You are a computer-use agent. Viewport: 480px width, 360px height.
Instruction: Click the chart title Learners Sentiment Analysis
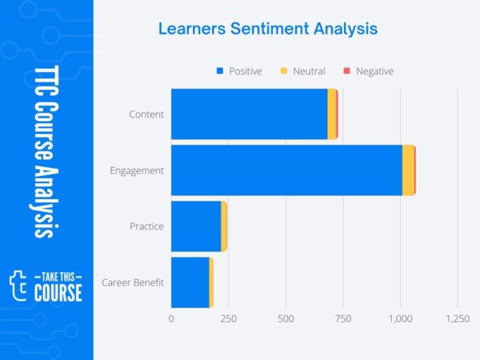click(x=268, y=29)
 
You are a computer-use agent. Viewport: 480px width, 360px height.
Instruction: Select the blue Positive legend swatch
click(x=220, y=71)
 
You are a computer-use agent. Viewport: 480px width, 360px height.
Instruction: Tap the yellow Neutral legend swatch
click(x=284, y=71)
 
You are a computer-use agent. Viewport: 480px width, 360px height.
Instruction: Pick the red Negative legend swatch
click(x=346, y=71)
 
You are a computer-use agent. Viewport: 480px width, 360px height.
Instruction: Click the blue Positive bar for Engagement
click(x=286, y=170)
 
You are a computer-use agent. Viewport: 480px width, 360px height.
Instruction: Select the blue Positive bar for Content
click(x=249, y=114)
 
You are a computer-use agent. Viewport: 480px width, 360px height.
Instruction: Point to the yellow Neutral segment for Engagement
click(x=408, y=170)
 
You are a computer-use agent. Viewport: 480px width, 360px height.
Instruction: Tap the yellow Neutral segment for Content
click(x=331, y=114)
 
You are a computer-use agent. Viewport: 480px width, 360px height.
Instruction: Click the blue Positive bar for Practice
click(x=196, y=226)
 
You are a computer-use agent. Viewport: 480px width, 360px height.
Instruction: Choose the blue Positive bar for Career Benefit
click(x=190, y=283)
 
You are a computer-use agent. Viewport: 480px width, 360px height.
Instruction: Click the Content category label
click(x=147, y=114)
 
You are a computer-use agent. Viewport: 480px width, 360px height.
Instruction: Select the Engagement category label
click(x=137, y=170)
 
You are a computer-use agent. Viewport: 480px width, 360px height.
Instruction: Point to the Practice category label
click(x=147, y=226)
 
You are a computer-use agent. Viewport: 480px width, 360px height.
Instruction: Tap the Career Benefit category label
click(x=133, y=283)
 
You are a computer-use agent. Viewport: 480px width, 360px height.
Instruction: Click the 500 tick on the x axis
click(x=285, y=318)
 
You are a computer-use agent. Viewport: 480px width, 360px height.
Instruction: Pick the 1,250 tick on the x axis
click(x=457, y=318)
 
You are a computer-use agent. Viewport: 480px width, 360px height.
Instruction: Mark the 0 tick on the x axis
click(x=171, y=318)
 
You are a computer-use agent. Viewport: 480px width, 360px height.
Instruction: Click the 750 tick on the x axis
click(x=343, y=318)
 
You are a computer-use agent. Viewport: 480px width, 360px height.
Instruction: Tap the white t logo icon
click(x=19, y=284)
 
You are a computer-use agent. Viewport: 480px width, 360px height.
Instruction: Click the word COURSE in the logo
click(x=58, y=292)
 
